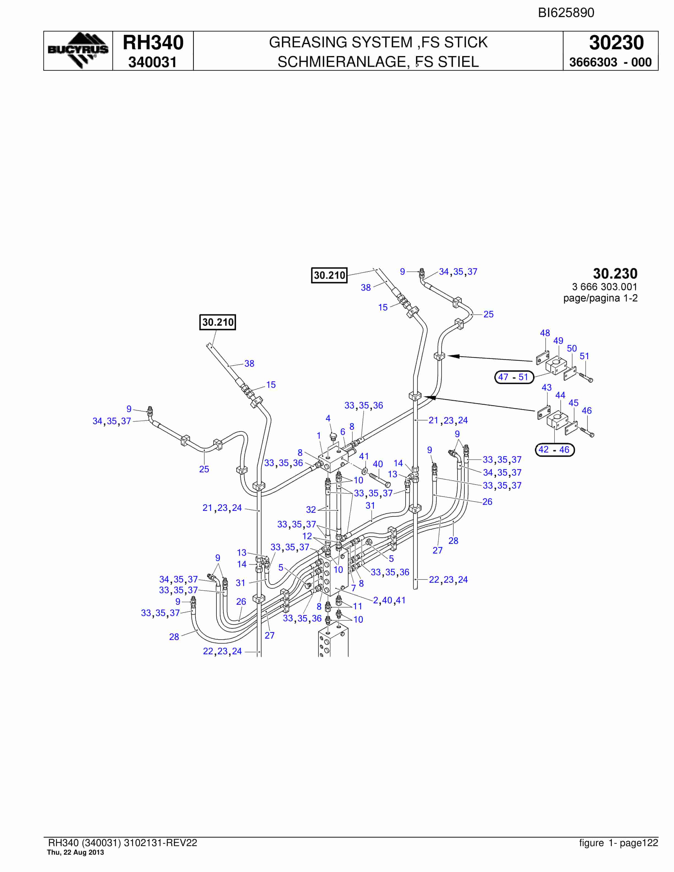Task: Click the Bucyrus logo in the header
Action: pyautogui.click(x=78, y=50)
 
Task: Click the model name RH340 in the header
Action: pyautogui.click(x=153, y=43)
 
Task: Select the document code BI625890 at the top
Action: pyautogui.click(x=566, y=13)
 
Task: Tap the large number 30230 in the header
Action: pyautogui.click(x=616, y=43)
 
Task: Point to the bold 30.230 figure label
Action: pyautogui.click(x=615, y=274)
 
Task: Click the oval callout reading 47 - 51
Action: pyautogui.click(x=514, y=377)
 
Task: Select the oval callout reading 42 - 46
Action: pyautogui.click(x=554, y=449)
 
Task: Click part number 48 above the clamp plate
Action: pyautogui.click(x=545, y=333)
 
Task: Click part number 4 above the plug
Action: pyautogui.click(x=328, y=418)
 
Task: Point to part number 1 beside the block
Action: pyautogui.click(x=319, y=436)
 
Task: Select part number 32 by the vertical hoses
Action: pyautogui.click(x=311, y=509)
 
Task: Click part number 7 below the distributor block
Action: pyautogui.click(x=353, y=588)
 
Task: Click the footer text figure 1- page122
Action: pyautogui.click(x=618, y=843)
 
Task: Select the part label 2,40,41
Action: pyautogui.click(x=389, y=600)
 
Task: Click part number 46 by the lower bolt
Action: pyautogui.click(x=586, y=410)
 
